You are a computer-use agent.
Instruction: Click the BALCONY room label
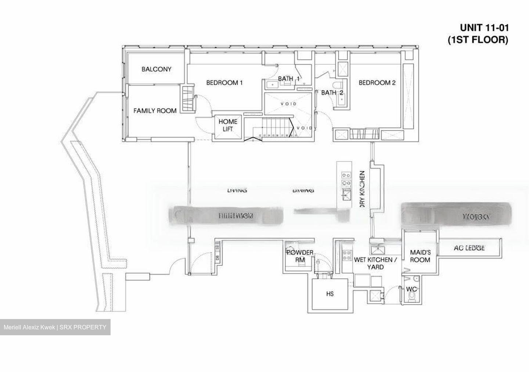click(x=156, y=69)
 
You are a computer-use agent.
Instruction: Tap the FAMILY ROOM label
click(x=155, y=110)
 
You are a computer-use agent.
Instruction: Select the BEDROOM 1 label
click(x=224, y=83)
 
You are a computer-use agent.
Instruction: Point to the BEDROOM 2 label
click(x=377, y=83)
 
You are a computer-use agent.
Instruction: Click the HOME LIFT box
click(x=228, y=125)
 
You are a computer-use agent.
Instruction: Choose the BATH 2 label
click(x=332, y=93)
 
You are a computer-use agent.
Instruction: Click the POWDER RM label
click(x=300, y=256)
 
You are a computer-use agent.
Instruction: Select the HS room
click(x=330, y=294)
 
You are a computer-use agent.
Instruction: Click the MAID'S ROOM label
click(x=420, y=256)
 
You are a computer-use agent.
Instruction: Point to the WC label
click(x=411, y=289)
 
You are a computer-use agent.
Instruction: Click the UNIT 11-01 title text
click(x=484, y=28)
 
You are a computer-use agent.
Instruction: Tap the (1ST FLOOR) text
click(x=478, y=40)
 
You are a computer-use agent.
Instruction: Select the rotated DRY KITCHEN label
click(x=362, y=188)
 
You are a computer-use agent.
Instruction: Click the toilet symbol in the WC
click(x=413, y=297)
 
